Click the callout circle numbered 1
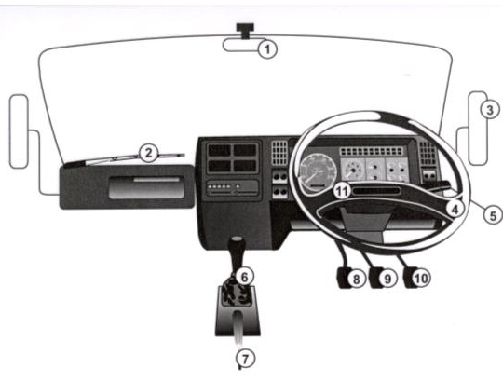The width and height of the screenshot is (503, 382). pyautogui.click(x=267, y=49)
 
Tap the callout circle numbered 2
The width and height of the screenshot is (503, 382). pyautogui.click(x=148, y=153)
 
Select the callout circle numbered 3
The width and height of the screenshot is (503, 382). pyautogui.click(x=490, y=110)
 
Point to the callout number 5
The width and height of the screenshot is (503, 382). pyautogui.click(x=493, y=215)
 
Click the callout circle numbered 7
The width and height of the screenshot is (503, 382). pyautogui.click(x=245, y=359)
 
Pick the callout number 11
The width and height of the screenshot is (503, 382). pyautogui.click(x=342, y=192)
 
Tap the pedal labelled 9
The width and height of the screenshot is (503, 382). pyautogui.click(x=376, y=278)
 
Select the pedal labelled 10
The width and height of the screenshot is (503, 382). pyautogui.click(x=411, y=278)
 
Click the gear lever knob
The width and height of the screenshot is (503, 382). pyautogui.click(x=237, y=244)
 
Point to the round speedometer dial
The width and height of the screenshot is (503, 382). pyautogui.click(x=318, y=171)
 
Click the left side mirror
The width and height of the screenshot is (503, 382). pyautogui.click(x=19, y=131)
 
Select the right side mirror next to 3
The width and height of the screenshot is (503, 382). pyautogui.click(x=478, y=129)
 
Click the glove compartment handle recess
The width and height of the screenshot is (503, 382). pyautogui.click(x=146, y=187)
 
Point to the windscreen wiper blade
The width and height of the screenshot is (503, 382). pyautogui.click(x=135, y=157)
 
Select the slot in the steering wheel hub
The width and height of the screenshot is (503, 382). pyautogui.click(x=376, y=191)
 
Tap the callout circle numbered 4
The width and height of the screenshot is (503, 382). pyautogui.click(x=455, y=210)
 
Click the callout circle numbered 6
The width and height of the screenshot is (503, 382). pyautogui.click(x=244, y=277)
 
